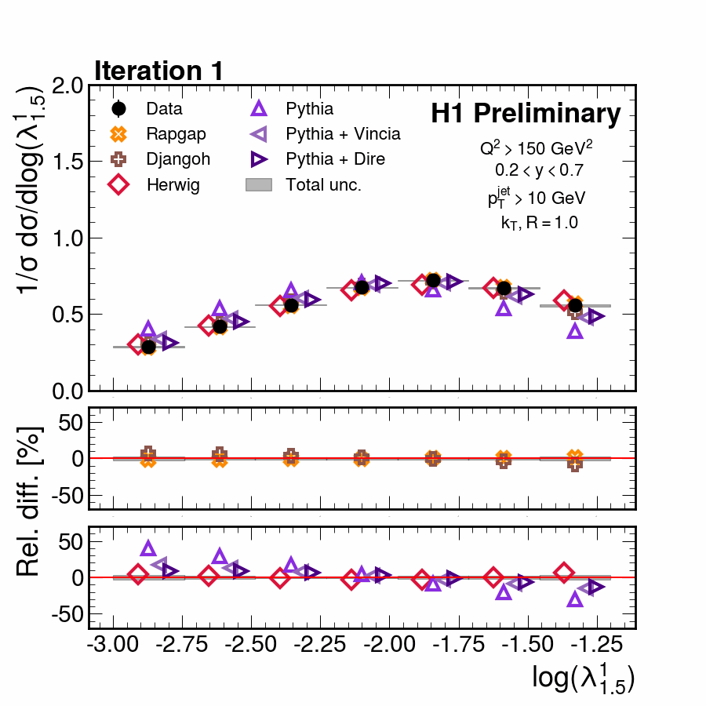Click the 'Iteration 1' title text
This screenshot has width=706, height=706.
pos(159,71)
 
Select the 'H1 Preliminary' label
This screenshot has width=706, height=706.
pos(526,115)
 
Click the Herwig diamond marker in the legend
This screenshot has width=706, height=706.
pos(119,185)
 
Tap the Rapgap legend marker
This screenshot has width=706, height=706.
pos(119,134)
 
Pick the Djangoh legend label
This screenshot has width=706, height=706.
pos(179,159)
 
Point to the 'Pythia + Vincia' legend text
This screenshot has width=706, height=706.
pos(343,134)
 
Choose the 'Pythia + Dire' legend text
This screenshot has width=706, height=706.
pos(336,159)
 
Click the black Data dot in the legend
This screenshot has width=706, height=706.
pos(119,109)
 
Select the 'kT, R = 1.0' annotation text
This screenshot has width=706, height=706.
pos(539,223)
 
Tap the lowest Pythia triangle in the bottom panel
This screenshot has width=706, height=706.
pos(575,599)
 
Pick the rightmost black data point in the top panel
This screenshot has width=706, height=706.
pos(575,305)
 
